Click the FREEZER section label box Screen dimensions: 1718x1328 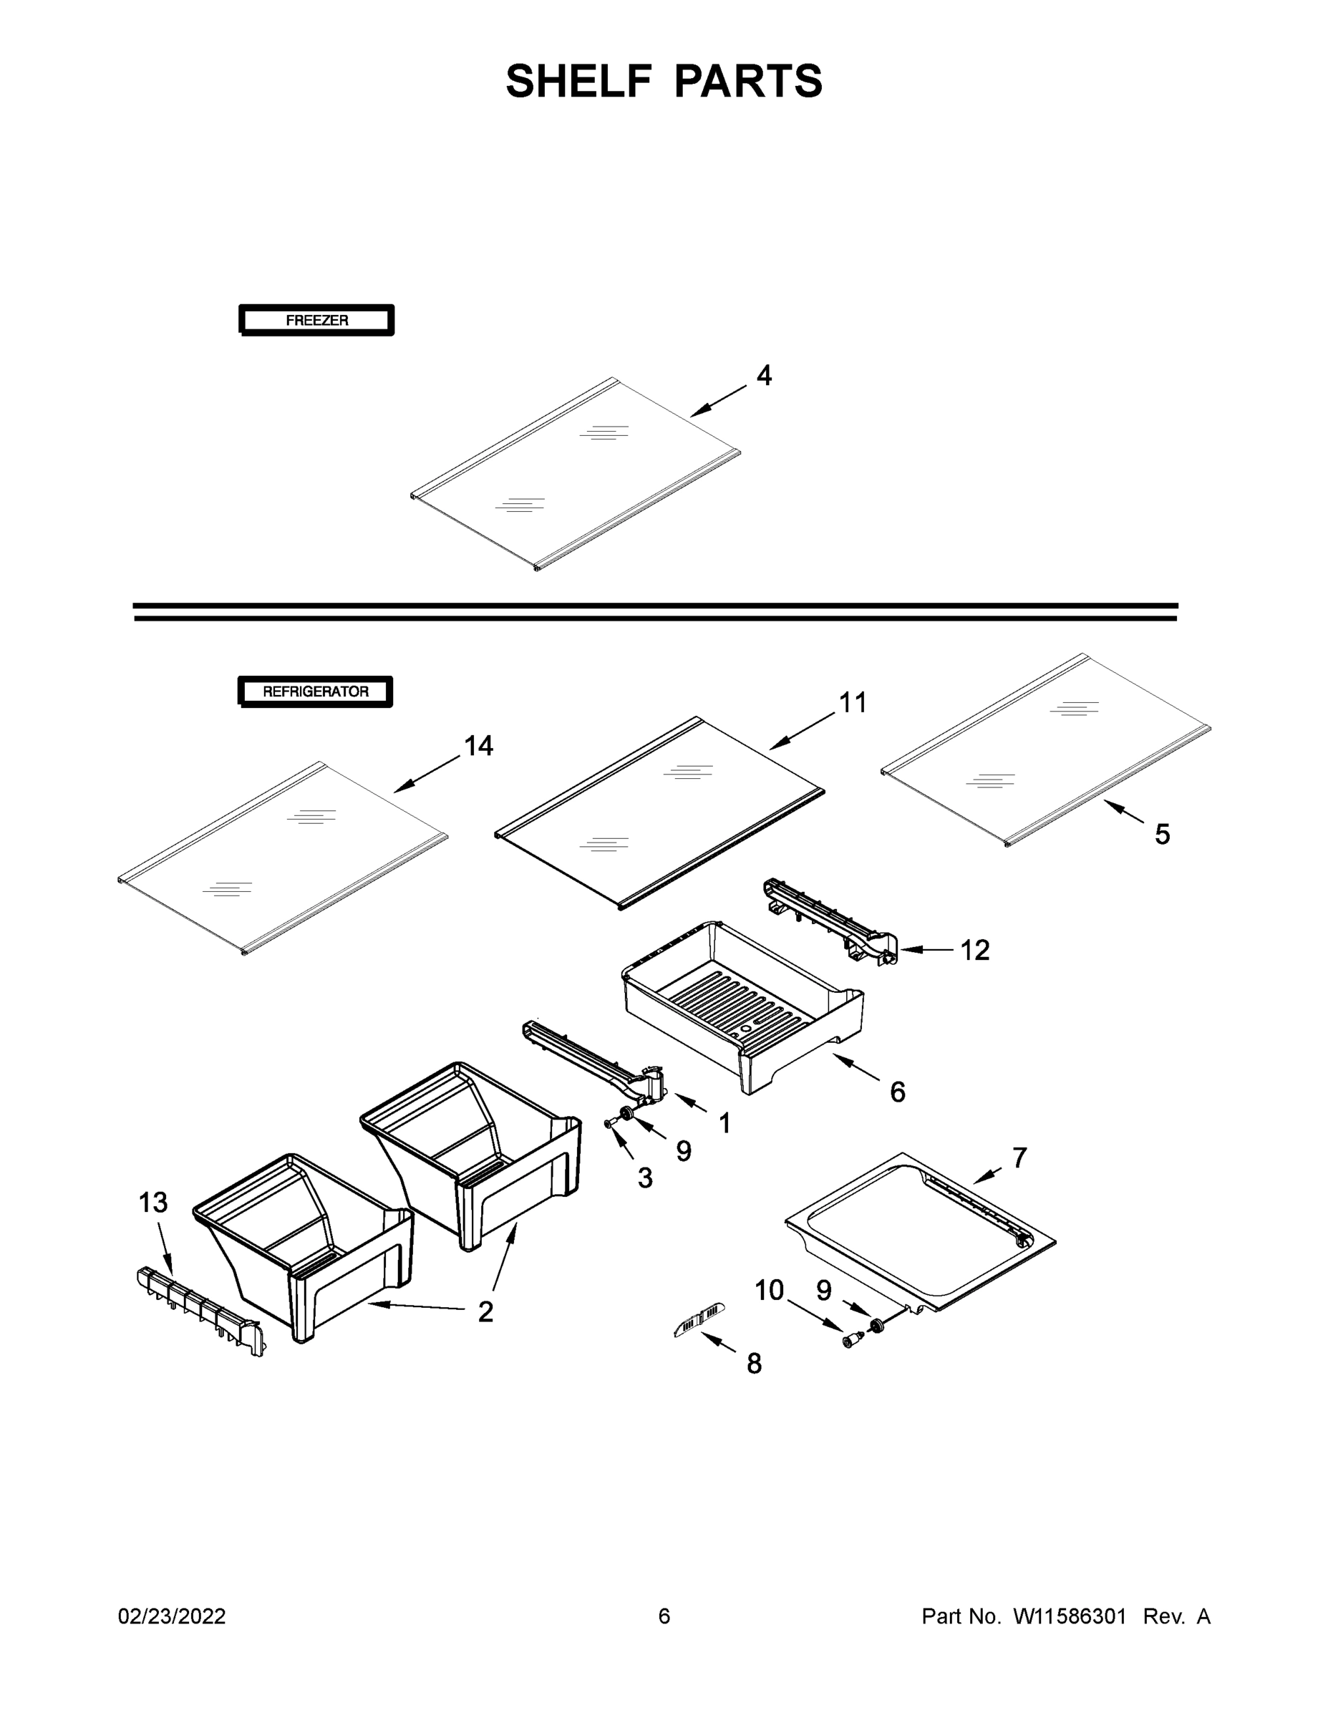(316, 320)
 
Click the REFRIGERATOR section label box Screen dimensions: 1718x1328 (316, 691)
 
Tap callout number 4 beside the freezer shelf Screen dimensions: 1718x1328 (764, 375)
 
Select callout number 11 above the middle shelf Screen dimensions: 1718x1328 (853, 702)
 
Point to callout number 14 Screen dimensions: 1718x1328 (478, 746)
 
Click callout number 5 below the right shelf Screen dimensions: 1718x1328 (1162, 834)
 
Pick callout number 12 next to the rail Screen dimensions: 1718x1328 (975, 950)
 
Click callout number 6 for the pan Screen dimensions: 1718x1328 (898, 1092)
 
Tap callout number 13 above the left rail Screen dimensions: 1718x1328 (153, 1202)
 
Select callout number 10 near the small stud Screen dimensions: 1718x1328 (770, 1290)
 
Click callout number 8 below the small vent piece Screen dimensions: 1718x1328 (755, 1363)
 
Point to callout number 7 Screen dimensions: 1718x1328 (1019, 1158)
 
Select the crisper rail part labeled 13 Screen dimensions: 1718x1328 (200, 1310)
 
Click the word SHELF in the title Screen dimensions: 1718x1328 (579, 81)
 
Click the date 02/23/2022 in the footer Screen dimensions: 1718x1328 (172, 1616)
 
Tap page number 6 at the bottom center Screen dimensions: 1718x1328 (664, 1616)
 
